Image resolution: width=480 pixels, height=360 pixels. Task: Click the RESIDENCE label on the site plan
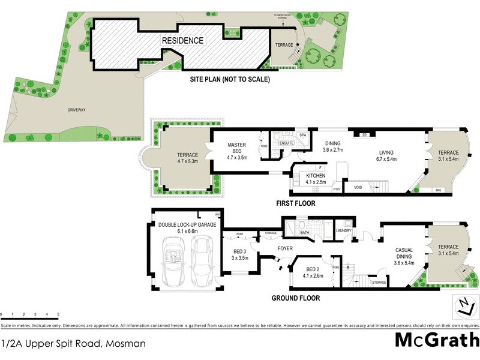point(182,41)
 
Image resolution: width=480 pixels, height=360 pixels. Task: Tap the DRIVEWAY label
point(77,110)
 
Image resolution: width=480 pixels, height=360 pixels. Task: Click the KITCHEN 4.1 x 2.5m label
point(316,178)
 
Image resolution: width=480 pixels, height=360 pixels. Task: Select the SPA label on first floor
point(303,136)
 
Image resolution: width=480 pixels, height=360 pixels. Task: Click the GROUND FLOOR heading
point(295,298)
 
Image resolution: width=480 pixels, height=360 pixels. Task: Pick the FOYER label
point(284,247)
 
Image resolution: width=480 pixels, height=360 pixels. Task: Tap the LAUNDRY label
point(343,230)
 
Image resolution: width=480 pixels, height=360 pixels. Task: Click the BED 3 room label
point(240,254)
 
